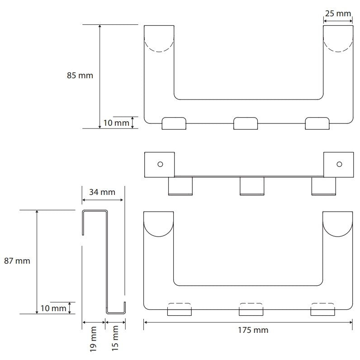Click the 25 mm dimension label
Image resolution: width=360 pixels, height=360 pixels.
pos(338,14)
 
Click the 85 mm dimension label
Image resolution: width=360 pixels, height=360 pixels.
pos(80,76)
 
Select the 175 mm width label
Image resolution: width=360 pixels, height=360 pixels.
pos(253,330)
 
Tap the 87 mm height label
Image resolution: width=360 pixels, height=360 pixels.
pos(17,261)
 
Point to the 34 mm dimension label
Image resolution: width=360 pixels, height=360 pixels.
pos(102,192)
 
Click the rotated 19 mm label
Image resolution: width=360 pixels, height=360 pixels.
pos(93,339)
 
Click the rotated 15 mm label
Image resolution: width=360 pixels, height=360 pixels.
pos(115,338)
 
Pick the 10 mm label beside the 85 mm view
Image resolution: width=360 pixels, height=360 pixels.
pos(116,123)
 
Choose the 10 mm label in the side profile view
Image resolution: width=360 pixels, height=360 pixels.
pos(53,308)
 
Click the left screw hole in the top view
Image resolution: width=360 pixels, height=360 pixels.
pos(160,164)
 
